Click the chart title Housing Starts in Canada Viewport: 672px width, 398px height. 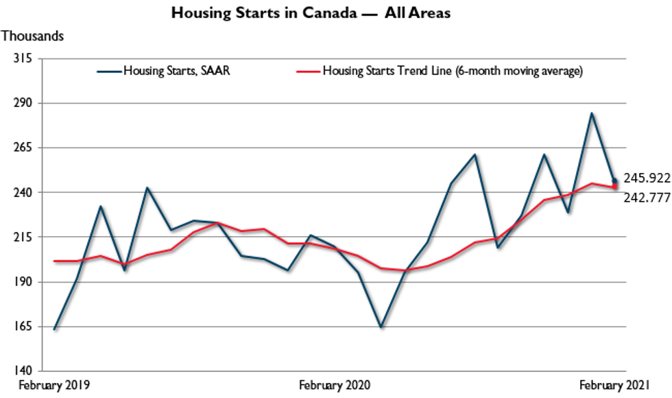click(311, 13)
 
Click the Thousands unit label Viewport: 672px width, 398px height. click(32, 36)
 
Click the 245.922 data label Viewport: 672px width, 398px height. click(646, 178)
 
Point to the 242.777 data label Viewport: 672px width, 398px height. click(646, 198)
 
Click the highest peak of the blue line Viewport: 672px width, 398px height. click(591, 113)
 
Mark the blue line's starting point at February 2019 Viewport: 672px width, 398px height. click(54, 329)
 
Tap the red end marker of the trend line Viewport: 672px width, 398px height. click(615, 187)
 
